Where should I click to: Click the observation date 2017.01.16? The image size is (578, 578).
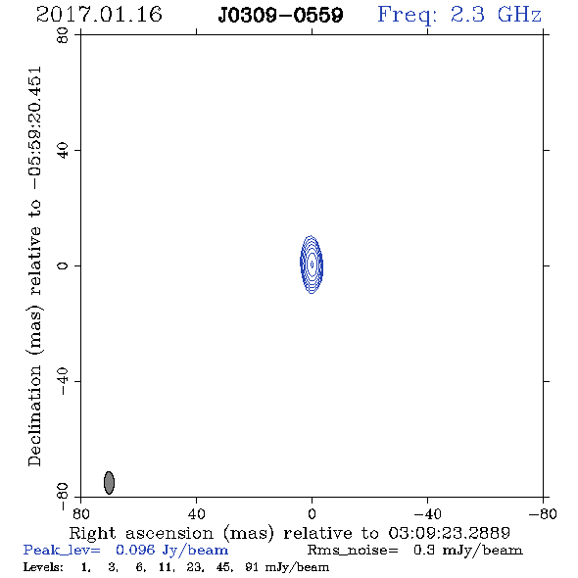99,15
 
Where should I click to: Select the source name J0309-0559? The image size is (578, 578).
280,16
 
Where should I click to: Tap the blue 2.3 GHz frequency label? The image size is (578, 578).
459,16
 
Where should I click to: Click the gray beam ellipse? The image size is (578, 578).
109,483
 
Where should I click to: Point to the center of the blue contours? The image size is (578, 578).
312,265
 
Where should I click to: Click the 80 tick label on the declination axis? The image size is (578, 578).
63,35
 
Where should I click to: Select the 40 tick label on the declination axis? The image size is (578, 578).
63,151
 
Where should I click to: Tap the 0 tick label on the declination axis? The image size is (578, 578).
63,265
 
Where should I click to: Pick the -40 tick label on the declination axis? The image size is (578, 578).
63,381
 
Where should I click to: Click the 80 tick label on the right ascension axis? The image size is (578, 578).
80,514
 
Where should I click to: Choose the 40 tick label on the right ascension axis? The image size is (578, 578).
196,514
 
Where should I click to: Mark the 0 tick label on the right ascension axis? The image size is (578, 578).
312,514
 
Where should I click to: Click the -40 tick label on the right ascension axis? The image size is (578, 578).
427,514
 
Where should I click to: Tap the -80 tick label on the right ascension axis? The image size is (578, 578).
543,514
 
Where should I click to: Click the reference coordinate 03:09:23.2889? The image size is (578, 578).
449,533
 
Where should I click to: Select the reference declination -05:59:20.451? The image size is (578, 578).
35,128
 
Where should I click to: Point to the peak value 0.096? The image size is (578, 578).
135,550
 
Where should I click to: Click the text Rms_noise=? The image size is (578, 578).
353,551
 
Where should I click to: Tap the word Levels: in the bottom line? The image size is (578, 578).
43,567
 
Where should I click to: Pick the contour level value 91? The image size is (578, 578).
252,567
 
